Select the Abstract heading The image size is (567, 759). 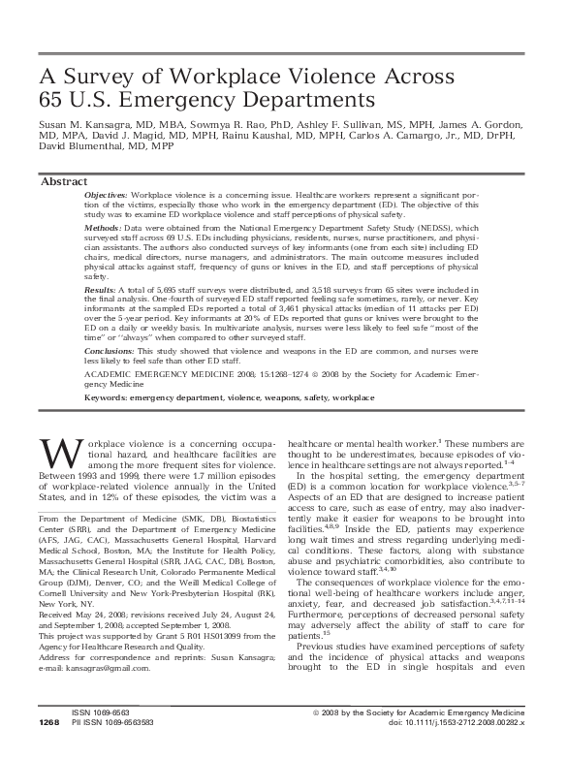coord(64,181)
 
